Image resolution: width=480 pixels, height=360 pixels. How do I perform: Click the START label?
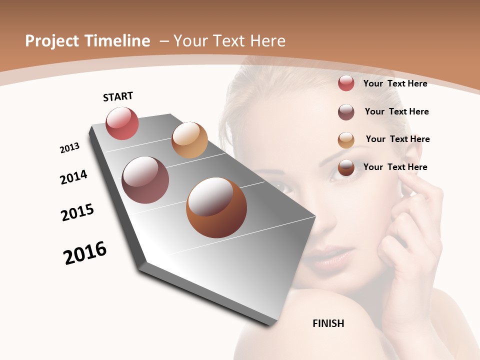click(x=118, y=96)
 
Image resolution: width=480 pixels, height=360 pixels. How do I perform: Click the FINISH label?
click(x=328, y=323)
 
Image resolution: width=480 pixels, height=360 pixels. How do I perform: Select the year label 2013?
click(x=69, y=148)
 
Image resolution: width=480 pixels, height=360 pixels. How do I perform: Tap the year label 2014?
click(x=73, y=177)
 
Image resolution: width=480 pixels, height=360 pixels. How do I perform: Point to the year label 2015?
click(x=77, y=212)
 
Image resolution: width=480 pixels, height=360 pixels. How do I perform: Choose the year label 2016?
click(x=85, y=252)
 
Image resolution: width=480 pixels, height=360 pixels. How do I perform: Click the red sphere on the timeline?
click(x=122, y=123)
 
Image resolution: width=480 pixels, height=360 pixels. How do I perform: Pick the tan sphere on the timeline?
click(x=189, y=140)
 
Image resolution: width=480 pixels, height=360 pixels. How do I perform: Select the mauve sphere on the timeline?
click(x=145, y=180)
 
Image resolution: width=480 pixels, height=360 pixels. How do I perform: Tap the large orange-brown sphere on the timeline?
click(x=216, y=207)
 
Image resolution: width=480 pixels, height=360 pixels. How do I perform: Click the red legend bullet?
click(x=346, y=83)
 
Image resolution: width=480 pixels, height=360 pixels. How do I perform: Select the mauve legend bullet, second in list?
click(x=346, y=112)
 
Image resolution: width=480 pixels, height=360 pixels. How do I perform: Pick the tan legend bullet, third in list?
click(x=346, y=140)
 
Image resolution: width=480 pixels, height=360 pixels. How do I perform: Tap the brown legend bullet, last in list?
click(x=346, y=167)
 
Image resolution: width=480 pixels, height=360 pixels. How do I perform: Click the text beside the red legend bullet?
click(x=395, y=83)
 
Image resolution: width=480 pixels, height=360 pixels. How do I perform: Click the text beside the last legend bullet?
click(x=395, y=167)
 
